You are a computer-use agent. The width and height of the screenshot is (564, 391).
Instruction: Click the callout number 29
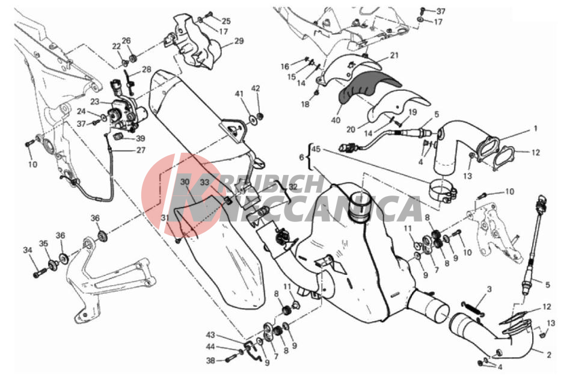pyautogui.click(x=239, y=41)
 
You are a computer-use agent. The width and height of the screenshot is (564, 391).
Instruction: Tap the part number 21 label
pyautogui.click(x=394, y=55)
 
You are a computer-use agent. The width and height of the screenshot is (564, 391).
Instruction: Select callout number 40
pyautogui.click(x=336, y=120)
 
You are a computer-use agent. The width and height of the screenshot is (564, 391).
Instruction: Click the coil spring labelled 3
pyautogui.click(x=472, y=309)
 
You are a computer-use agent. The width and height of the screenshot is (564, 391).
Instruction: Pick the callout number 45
pyautogui.click(x=316, y=149)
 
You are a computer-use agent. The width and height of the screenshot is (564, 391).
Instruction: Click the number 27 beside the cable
pyautogui.click(x=140, y=150)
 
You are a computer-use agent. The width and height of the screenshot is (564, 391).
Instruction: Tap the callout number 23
pyautogui.click(x=94, y=102)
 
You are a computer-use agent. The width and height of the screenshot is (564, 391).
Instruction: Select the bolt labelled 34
pyautogui.click(x=40, y=273)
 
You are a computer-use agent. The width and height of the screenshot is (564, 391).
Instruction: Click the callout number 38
pyautogui.click(x=210, y=360)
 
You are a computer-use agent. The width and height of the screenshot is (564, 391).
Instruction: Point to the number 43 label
pyautogui.click(x=210, y=335)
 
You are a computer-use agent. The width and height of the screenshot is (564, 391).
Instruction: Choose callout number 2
pyautogui.click(x=548, y=355)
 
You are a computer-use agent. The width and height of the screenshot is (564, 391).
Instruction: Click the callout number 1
pyautogui.click(x=535, y=128)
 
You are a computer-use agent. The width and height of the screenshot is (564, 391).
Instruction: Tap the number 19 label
pyautogui.click(x=412, y=112)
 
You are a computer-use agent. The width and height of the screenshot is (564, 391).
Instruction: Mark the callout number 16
pyautogui.click(x=285, y=66)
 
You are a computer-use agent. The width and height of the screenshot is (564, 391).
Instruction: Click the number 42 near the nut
pyautogui.click(x=256, y=88)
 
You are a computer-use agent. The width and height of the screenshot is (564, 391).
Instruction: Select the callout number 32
pyautogui.click(x=293, y=187)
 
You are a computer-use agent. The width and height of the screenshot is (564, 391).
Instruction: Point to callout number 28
pyautogui.click(x=146, y=69)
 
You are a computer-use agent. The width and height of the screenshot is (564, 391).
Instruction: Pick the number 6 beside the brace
pyautogui.click(x=301, y=157)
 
